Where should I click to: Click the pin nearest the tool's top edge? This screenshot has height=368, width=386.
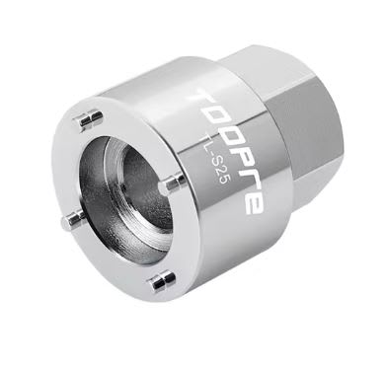tap(90, 118)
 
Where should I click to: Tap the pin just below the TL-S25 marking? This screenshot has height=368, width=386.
tap(174, 182)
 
